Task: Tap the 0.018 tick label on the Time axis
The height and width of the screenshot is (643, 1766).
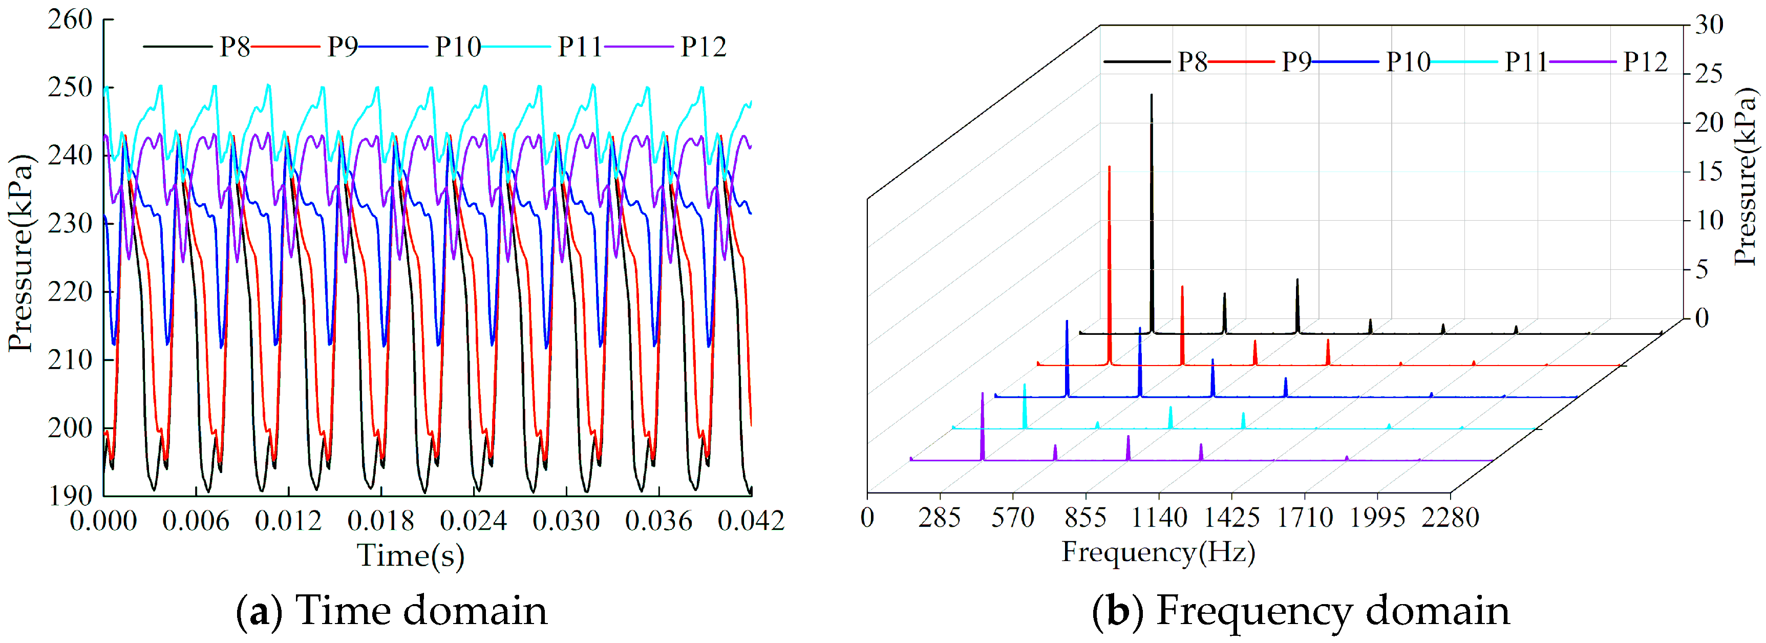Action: [x=380, y=521]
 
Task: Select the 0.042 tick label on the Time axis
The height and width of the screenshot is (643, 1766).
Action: [x=751, y=521]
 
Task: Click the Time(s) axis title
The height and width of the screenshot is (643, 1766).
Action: [x=411, y=555]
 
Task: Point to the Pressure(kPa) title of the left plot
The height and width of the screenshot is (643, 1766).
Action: [x=20, y=253]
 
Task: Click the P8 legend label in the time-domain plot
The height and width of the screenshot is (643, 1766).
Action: [x=235, y=47]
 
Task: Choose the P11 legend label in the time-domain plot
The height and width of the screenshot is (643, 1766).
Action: [x=579, y=47]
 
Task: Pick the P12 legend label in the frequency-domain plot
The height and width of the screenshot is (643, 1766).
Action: [x=1645, y=62]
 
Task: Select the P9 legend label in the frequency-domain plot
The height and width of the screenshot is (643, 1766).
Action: [x=1296, y=62]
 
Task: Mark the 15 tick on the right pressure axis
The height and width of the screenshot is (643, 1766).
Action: [x=1709, y=172]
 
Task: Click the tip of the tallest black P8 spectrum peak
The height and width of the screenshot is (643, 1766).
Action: [x=1151, y=95]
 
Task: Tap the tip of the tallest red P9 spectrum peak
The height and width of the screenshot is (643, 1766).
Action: [x=1109, y=166]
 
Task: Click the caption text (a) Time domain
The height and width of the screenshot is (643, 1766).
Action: [x=392, y=610]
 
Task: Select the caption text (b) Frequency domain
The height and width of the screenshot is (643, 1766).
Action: [x=1301, y=610]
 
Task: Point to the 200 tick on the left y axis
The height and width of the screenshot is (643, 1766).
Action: [x=70, y=428]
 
